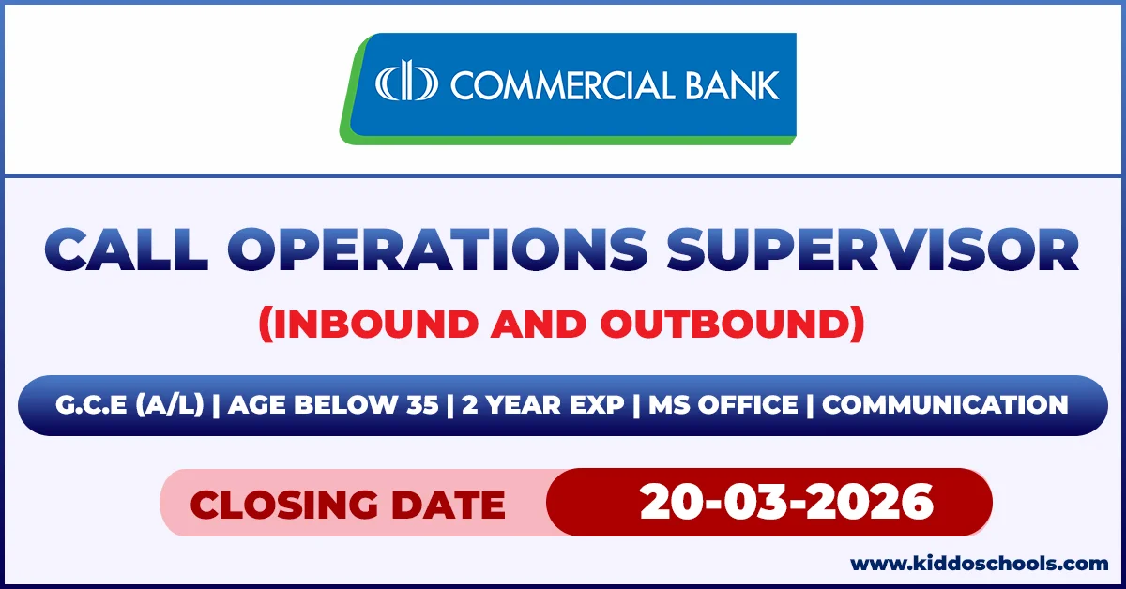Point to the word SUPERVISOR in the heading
(873, 251)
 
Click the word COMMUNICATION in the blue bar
(946, 405)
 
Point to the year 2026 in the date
(876, 502)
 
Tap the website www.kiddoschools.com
(979, 564)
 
